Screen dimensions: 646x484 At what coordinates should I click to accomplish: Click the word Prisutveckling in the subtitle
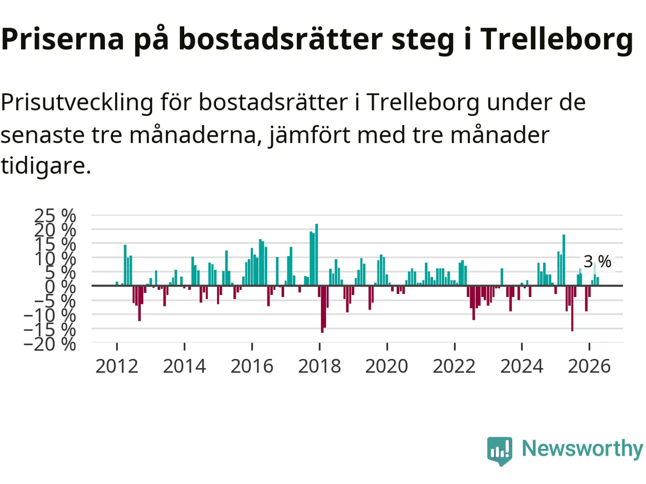77,103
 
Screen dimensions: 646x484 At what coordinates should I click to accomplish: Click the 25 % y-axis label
55,216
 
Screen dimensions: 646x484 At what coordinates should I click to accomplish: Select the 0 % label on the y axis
61,286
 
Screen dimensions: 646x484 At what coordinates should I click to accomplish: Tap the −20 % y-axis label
50,344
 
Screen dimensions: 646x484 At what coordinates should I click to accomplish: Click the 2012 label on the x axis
117,367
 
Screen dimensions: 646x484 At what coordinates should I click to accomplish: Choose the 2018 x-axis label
319,367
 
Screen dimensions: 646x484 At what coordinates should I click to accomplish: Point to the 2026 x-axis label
589,367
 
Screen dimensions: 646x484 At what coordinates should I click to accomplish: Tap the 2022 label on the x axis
454,367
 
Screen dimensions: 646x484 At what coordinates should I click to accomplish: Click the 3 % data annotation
597,261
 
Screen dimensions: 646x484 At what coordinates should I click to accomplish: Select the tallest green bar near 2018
316,255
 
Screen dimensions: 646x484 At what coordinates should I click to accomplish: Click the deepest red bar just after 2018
322,309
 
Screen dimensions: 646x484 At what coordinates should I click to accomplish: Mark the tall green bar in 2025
564,260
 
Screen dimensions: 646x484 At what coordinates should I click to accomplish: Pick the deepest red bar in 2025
572,308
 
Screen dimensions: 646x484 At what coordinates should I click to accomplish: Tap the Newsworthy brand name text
582,449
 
